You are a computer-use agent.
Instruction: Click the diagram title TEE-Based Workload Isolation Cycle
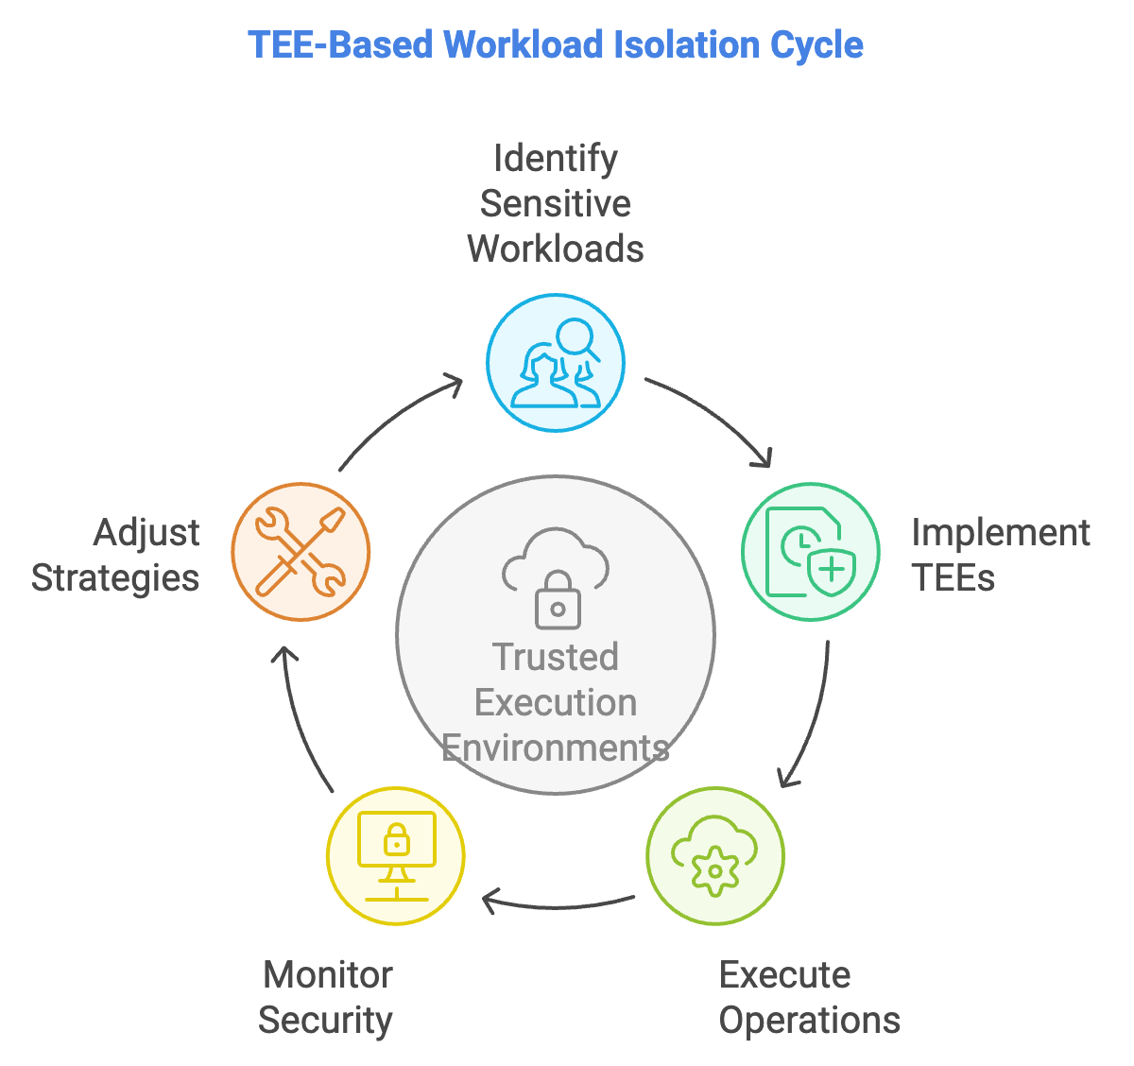555,44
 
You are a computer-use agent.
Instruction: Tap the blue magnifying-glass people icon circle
556,363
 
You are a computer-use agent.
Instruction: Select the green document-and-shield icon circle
811,552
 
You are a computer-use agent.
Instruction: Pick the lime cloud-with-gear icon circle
715,856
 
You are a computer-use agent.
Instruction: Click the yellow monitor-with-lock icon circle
396,856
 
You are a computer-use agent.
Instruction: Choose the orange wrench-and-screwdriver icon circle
301,552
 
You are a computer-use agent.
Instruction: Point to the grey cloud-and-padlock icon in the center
556,578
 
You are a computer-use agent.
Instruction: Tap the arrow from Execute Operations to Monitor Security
558,904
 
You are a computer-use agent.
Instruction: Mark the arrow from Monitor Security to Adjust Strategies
301,718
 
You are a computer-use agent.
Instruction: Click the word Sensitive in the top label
556,203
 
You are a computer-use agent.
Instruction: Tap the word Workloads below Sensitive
556,249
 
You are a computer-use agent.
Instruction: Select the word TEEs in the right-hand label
953,577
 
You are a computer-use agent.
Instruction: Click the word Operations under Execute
809,1020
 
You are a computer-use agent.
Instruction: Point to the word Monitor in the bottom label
328,974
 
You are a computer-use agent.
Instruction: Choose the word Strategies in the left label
115,577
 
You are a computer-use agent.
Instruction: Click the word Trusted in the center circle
556,657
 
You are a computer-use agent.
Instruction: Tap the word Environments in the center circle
556,748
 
